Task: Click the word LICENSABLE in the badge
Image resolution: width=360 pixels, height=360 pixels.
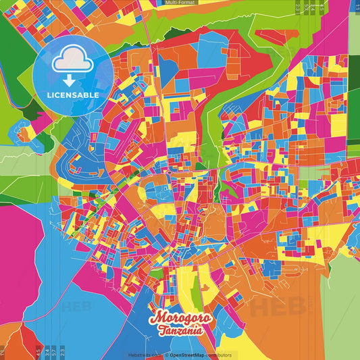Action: click(73, 95)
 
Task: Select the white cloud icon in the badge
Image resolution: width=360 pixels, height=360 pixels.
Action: click(72, 61)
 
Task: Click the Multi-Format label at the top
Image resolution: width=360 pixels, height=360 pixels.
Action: click(180, 3)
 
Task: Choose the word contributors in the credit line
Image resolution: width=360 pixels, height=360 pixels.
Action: click(220, 354)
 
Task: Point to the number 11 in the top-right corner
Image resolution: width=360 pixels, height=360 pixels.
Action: click(356, 7)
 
